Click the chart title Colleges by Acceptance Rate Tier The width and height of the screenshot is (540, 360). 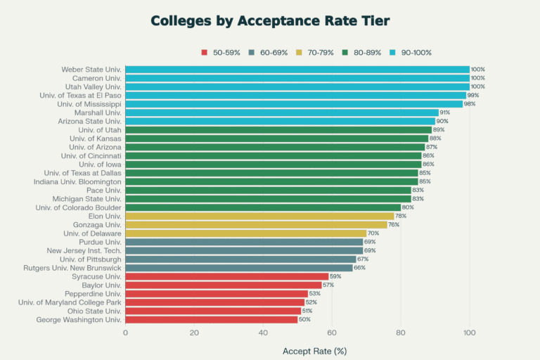[270, 20]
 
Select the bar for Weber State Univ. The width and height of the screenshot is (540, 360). [297, 70]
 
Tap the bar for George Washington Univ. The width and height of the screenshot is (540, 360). [212, 319]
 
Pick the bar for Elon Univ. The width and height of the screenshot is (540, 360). [259, 216]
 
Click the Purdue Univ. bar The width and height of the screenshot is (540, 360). [244, 242]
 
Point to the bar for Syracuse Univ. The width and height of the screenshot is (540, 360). [227, 276]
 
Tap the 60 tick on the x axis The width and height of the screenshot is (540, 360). [332, 333]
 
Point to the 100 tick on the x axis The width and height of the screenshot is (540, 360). [470, 333]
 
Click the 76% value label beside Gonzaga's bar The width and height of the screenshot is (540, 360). [394, 225]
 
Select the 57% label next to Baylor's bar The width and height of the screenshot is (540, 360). [328, 285]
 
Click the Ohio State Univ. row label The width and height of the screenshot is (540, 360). [94, 311]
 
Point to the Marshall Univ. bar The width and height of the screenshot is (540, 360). [282, 112]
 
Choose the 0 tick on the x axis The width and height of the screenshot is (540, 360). [126, 333]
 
